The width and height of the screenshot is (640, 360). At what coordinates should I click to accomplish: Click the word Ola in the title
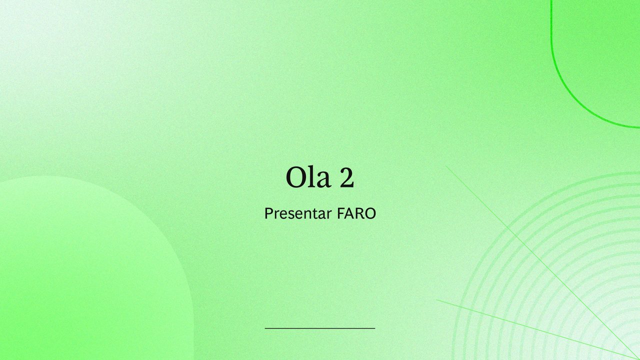[308, 177]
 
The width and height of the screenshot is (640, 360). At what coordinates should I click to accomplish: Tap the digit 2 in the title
[347, 177]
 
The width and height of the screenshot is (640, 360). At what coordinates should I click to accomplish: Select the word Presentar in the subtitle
[298, 213]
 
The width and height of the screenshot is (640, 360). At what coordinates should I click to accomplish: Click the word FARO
[356, 213]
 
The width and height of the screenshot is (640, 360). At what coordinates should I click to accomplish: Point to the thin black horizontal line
[320, 328]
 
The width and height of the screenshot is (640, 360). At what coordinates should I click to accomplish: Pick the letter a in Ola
[323, 180]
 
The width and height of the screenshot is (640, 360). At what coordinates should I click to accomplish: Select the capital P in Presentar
[268, 213]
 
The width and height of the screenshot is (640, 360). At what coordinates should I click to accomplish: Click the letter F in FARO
[340, 213]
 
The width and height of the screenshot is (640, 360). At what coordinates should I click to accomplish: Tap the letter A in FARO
[350, 213]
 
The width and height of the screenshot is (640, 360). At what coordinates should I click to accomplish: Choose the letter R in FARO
[360, 213]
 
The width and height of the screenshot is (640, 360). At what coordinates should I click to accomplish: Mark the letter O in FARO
[370, 213]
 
